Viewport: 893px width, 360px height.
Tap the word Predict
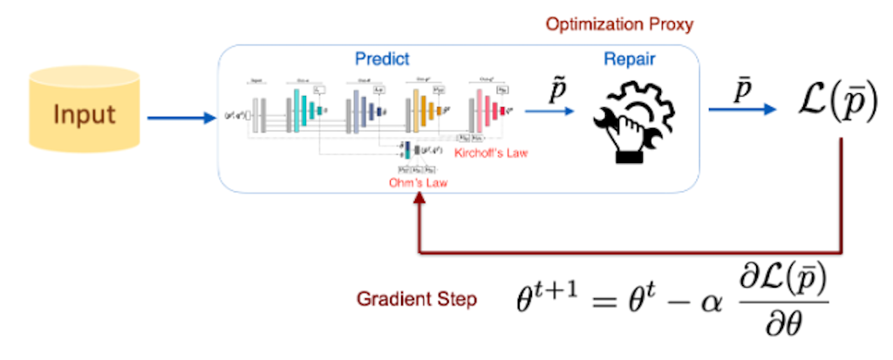pos(381,60)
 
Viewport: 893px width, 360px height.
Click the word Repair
pos(629,60)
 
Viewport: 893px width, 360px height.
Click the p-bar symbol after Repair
pos(739,89)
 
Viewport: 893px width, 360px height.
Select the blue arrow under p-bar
pos(740,110)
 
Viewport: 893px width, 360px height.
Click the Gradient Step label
pos(416,300)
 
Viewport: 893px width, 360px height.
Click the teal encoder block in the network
pos(305,110)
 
